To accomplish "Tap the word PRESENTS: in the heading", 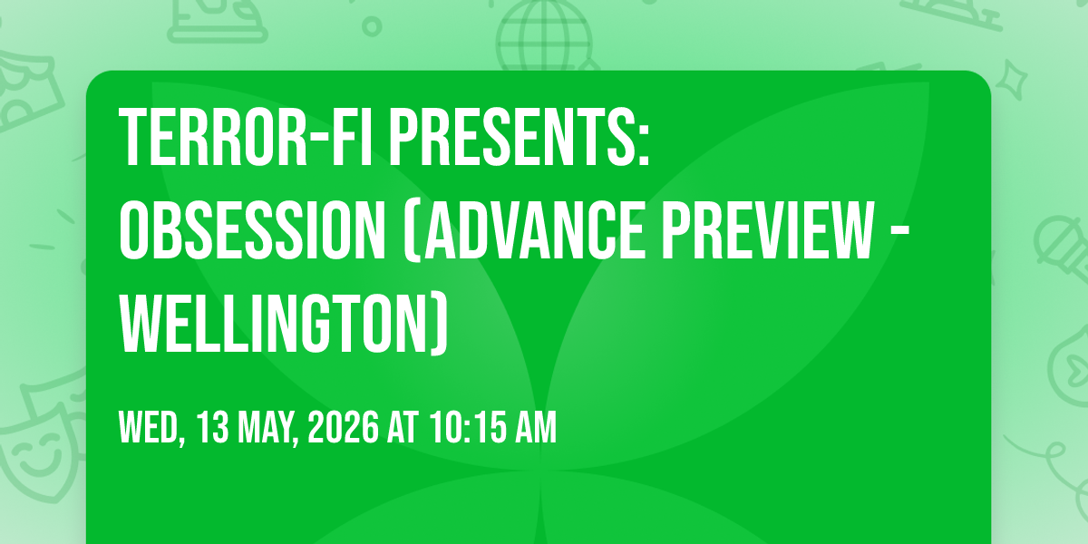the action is [x=520, y=138].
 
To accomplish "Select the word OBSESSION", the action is [x=252, y=230].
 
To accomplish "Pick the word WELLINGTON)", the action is [x=283, y=325].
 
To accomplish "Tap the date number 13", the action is [x=213, y=427].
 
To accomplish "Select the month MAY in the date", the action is [x=267, y=428].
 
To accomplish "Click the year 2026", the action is [x=343, y=427].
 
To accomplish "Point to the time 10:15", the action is [x=468, y=427].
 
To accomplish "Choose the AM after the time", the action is [x=536, y=427].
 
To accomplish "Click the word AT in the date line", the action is [x=403, y=427].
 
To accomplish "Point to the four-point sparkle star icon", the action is [x=1012, y=80].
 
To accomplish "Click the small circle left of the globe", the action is [x=372, y=26].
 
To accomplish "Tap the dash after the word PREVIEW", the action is [x=900, y=234].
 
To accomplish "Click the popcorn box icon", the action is [x=29, y=90].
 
